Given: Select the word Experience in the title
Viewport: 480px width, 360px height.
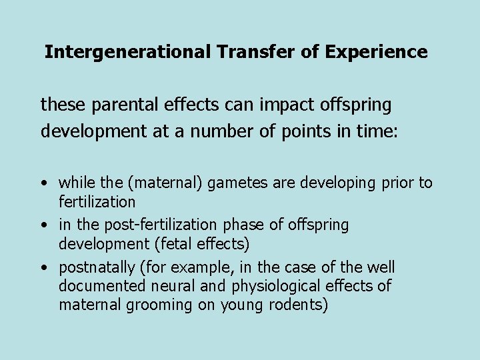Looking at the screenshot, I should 376,52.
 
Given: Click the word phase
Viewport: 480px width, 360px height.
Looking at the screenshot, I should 251,225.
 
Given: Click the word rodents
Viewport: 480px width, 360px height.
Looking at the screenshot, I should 299,306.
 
